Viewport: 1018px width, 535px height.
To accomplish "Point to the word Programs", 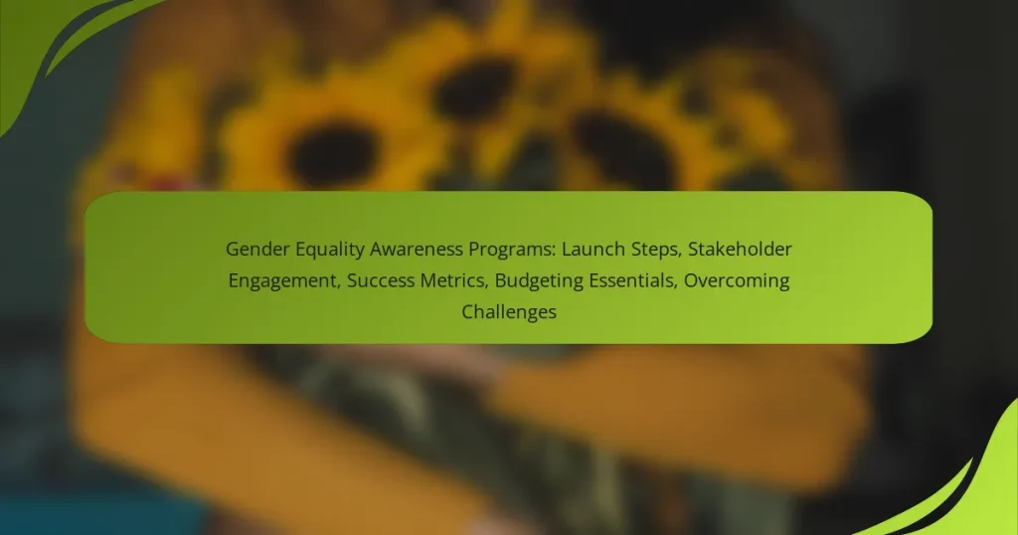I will (505, 249).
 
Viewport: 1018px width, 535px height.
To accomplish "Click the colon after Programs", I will (543, 249).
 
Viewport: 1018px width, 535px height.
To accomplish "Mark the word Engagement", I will (280, 280).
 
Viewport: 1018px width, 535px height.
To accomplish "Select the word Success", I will (378, 280).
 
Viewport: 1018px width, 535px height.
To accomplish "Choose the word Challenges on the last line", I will (508, 311).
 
